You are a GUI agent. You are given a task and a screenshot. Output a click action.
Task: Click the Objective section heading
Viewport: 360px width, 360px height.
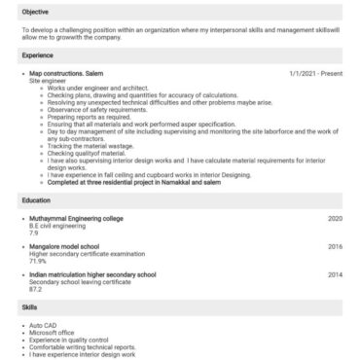[x=35, y=12]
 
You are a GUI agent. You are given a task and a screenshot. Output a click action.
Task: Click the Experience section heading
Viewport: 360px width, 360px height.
[x=37, y=55]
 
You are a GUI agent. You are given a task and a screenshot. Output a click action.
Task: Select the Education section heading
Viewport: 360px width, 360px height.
[x=36, y=200]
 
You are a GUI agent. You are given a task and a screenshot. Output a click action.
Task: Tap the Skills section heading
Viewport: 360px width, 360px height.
[x=30, y=306]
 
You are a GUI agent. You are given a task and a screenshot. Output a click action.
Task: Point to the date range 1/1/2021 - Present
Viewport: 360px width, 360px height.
[x=316, y=74]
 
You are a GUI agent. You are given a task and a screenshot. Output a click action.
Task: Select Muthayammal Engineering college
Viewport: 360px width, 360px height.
[x=76, y=219]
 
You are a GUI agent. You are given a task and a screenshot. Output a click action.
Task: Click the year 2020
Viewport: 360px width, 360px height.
[x=335, y=219]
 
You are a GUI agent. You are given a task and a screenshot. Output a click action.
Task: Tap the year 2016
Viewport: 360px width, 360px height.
[x=335, y=247]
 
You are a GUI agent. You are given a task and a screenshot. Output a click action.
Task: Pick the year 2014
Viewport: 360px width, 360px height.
[x=335, y=275]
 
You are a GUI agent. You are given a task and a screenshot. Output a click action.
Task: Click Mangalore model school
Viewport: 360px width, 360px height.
[x=62, y=247]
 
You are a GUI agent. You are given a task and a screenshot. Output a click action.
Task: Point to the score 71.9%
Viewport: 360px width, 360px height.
[x=38, y=261]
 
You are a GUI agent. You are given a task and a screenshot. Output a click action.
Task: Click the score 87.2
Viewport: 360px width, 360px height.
[x=35, y=289]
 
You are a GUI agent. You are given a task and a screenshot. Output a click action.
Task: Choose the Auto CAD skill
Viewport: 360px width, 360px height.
[x=44, y=324]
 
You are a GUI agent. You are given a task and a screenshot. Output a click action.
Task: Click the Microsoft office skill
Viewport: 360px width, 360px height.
[x=52, y=331]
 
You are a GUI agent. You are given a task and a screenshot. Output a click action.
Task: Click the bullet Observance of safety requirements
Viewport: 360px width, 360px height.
[x=95, y=109]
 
